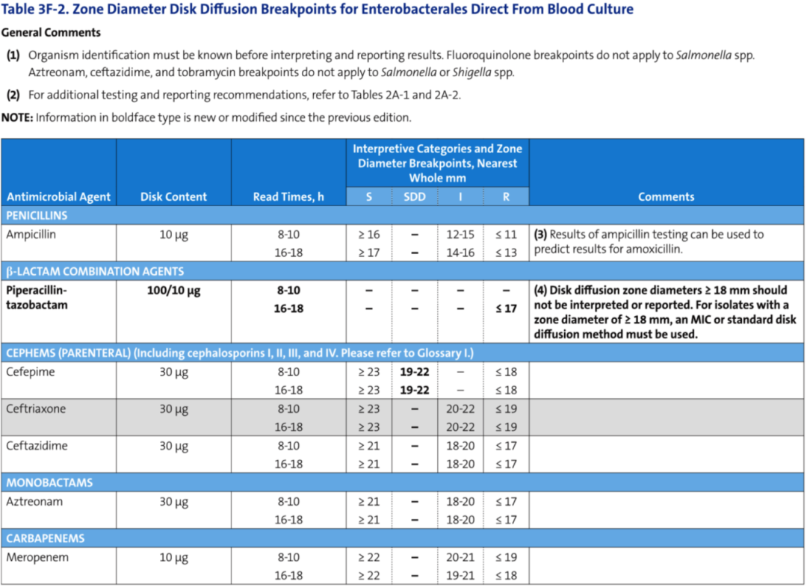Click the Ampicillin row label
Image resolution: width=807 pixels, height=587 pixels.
31,235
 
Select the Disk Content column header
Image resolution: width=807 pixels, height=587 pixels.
173,196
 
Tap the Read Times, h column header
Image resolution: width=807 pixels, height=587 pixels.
288,196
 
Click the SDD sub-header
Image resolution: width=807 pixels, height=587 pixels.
414,196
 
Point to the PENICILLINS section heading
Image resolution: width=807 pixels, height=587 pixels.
37,216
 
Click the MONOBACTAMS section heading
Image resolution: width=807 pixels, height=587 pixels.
49,482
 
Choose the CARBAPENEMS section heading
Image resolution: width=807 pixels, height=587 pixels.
46,538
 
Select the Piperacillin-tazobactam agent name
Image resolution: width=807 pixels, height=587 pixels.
37,297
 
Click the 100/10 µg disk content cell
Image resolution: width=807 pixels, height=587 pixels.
173,291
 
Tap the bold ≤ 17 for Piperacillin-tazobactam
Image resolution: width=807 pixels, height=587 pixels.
506,308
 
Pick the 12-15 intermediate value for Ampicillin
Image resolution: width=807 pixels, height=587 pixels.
460,235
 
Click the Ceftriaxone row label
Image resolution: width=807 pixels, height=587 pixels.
36,409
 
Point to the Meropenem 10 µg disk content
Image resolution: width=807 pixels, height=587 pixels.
173,558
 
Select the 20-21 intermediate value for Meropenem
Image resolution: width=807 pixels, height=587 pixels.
460,557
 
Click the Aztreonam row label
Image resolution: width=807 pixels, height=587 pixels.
34,502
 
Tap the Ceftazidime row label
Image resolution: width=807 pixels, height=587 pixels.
37,446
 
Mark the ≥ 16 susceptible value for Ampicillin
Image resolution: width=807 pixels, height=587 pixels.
369,235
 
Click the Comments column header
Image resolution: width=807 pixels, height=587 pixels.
666,196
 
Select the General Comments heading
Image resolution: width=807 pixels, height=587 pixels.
51,32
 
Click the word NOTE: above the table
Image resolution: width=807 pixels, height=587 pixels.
17,117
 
